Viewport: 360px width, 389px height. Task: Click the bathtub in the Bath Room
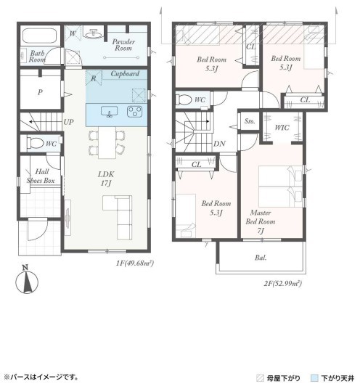point(41,36)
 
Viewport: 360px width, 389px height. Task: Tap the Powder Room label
point(123,45)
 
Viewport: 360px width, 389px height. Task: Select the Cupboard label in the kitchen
point(125,74)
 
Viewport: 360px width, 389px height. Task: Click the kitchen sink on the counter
point(109,112)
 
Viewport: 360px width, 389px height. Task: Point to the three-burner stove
point(135,112)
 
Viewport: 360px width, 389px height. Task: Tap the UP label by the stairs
point(68,122)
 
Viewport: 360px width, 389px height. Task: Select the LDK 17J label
point(106,179)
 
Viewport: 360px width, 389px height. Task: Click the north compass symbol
point(27,280)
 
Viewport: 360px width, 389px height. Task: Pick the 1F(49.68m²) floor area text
point(135,263)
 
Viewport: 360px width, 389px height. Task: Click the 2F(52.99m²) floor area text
point(283,283)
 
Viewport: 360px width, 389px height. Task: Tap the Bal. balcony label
point(261,258)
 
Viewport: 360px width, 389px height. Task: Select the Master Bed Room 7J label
point(261,221)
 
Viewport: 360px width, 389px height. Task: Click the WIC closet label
point(282,128)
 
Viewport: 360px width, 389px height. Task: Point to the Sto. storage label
point(250,121)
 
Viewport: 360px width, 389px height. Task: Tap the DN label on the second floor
point(220,144)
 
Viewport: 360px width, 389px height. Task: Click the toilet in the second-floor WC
point(184,99)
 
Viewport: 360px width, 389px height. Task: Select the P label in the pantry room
point(40,92)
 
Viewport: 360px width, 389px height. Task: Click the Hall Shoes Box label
point(41,176)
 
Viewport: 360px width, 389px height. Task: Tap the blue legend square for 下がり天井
point(314,378)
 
